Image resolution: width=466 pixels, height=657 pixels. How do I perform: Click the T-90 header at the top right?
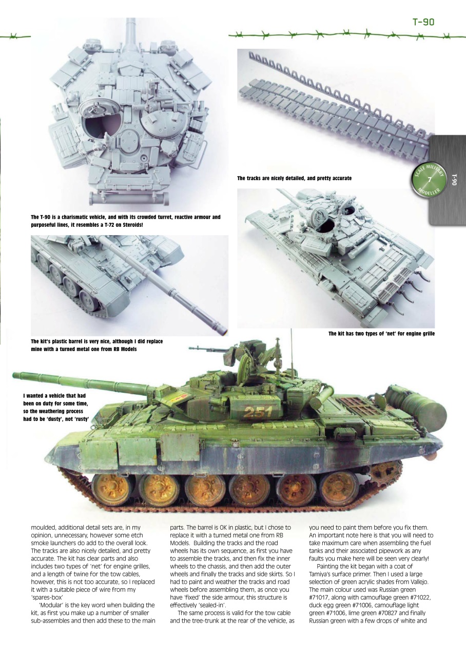pos(423,22)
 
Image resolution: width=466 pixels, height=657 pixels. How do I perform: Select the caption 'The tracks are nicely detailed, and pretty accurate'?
pos(294,178)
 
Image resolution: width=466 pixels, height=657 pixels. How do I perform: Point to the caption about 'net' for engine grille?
pos(381,334)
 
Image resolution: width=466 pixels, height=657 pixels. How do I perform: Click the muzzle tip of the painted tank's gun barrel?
pos(15,376)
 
